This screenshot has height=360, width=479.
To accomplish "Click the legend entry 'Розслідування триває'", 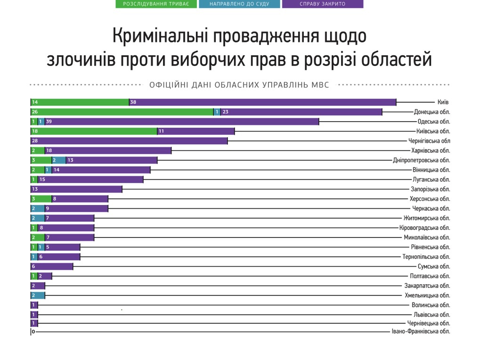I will (x=156, y=4).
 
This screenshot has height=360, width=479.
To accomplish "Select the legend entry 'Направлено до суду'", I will (x=240, y=4).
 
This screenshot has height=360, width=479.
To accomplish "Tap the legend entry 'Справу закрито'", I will (x=323, y=4).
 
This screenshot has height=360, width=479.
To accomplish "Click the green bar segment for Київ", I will (x=80, y=102).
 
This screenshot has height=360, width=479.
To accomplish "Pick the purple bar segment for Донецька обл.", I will (x=301, y=112).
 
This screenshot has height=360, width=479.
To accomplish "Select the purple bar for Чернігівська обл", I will (x=130, y=141).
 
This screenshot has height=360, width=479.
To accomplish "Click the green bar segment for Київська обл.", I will (x=94, y=131).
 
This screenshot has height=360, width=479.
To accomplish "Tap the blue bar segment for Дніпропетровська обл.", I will (x=59, y=160).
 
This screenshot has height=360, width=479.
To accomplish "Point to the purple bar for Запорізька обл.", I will (x=76, y=189).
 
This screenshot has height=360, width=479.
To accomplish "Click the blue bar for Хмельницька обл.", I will (x=38, y=295).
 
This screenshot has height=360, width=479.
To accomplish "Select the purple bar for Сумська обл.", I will (x=52, y=267).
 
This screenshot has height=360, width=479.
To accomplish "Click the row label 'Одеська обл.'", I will (x=434, y=122).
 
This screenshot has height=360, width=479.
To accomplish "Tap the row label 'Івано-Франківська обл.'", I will (x=421, y=331).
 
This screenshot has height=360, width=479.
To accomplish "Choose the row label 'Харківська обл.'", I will (x=430, y=151).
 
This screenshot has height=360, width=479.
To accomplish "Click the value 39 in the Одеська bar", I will (x=49, y=122).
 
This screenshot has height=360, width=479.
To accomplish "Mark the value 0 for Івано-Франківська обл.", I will (x=33, y=332).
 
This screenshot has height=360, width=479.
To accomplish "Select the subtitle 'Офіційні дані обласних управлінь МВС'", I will (x=239, y=85).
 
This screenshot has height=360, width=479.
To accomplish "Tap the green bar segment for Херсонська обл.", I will (x=41, y=199).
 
